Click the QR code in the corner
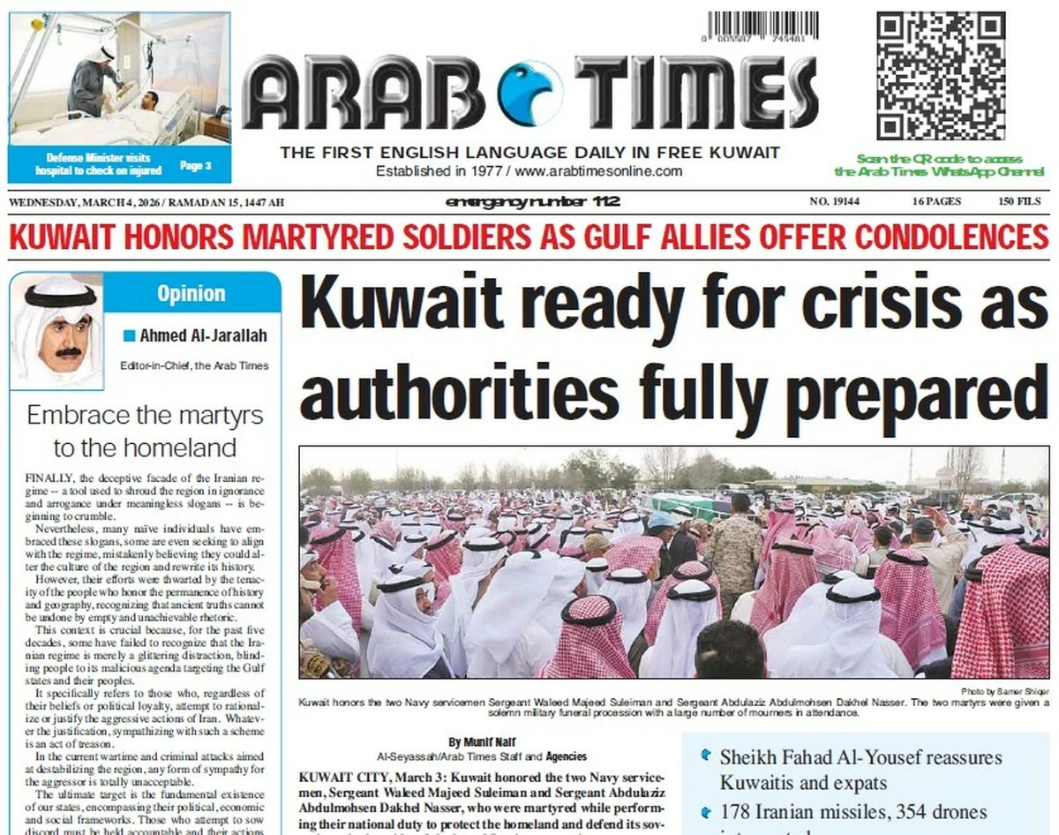[x=941, y=76]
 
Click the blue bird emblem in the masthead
[x=529, y=92]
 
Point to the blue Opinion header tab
[x=191, y=293]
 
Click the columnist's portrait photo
[x=57, y=333]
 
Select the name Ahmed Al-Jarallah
[x=203, y=335]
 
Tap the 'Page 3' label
[x=195, y=165]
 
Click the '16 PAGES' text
[x=936, y=202]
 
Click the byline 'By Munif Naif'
[x=481, y=742]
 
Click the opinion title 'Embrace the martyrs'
[x=146, y=415]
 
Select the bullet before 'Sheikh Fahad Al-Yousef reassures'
[x=705, y=756]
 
